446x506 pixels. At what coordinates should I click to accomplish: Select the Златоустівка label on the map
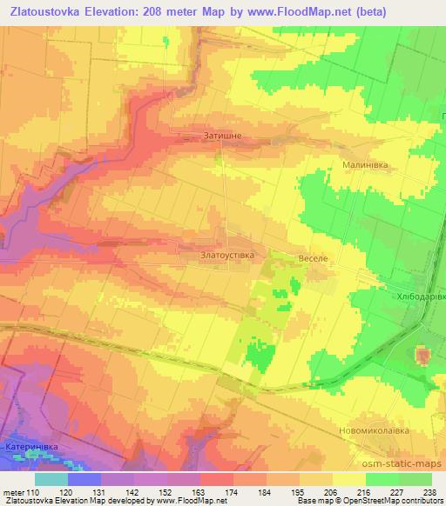pos(228,256)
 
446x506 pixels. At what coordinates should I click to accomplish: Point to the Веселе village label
pos(311,260)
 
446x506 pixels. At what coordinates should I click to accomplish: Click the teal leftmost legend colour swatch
pos(51,478)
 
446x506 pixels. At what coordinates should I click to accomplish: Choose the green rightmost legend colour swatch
pos(416,478)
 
